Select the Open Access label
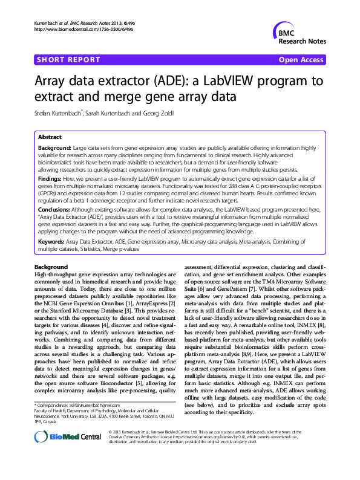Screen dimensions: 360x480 [x=301, y=60]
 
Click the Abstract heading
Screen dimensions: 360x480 [x=50, y=137]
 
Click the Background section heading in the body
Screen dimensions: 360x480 [x=51, y=267]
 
